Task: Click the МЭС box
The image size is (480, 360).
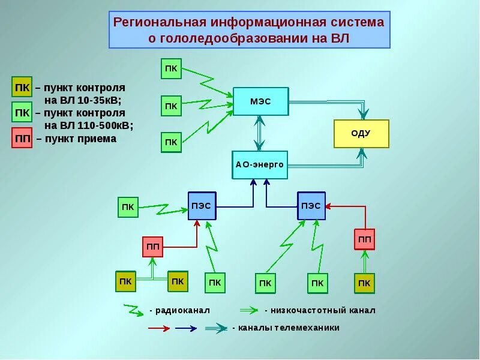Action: [x=260, y=102]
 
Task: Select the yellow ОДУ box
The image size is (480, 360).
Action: [x=361, y=134]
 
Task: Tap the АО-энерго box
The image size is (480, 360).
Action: [x=260, y=165]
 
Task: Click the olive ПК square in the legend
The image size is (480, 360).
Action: [x=22, y=87]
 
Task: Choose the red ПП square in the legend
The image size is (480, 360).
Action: [x=22, y=139]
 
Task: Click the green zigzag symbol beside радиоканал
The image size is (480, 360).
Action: [x=133, y=310]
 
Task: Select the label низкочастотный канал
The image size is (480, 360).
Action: [x=323, y=310]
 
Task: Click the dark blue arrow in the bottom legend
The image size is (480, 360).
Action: [x=186, y=328]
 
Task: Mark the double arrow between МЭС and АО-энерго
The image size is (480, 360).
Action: [x=259, y=134]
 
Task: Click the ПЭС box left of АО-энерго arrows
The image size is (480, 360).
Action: [x=202, y=206]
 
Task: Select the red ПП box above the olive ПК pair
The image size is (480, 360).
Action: [x=153, y=247]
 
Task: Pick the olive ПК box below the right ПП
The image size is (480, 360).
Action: [x=364, y=283]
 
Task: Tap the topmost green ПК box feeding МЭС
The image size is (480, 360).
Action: [x=171, y=68]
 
